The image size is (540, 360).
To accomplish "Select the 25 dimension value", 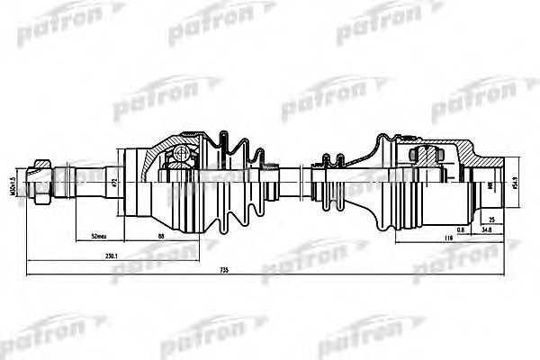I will (x=491, y=219).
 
